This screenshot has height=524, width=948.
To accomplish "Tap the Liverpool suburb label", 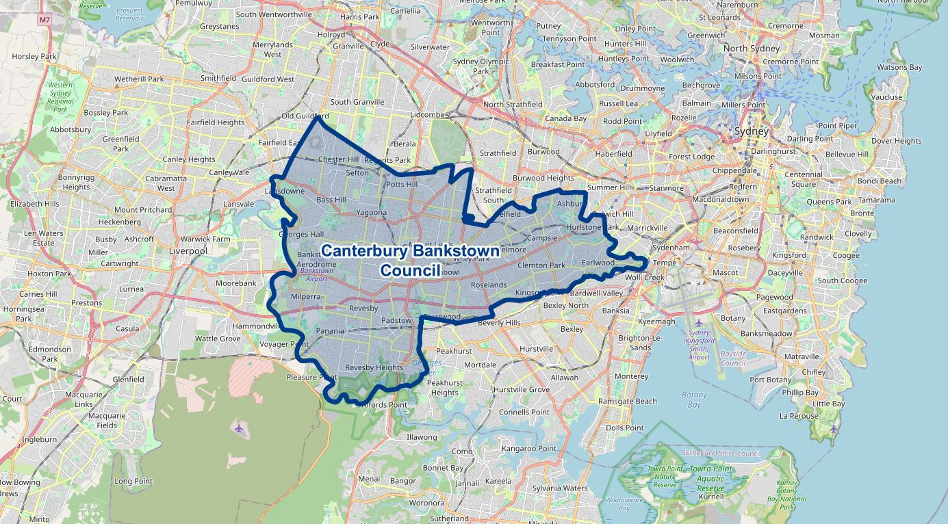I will click(188, 251).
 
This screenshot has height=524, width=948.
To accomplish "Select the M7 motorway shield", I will click(45, 20).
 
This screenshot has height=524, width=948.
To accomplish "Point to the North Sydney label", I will click(751, 49).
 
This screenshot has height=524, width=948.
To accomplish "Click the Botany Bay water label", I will click(694, 399).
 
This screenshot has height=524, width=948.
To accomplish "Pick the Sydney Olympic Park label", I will click(481, 66).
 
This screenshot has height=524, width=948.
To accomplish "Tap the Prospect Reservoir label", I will click(129, 14).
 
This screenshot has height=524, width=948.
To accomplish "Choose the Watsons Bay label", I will click(899, 67).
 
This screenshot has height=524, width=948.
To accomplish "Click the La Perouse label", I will click(798, 416).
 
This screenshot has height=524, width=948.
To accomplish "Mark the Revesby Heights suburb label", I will click(374, 367).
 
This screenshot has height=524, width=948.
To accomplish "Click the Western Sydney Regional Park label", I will click(60, 96).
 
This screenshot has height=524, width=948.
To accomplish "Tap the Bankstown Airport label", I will click(316, 274).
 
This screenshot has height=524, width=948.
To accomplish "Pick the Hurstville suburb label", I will click(536, 349).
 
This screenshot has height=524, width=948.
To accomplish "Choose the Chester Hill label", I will click(338, 159).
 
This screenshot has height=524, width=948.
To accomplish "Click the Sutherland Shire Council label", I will click(721, 453).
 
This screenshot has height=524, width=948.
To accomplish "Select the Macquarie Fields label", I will click(107, 420).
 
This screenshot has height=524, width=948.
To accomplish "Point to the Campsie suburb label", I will click(543, 238).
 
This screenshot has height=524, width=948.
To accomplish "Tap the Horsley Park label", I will click(34, 57).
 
